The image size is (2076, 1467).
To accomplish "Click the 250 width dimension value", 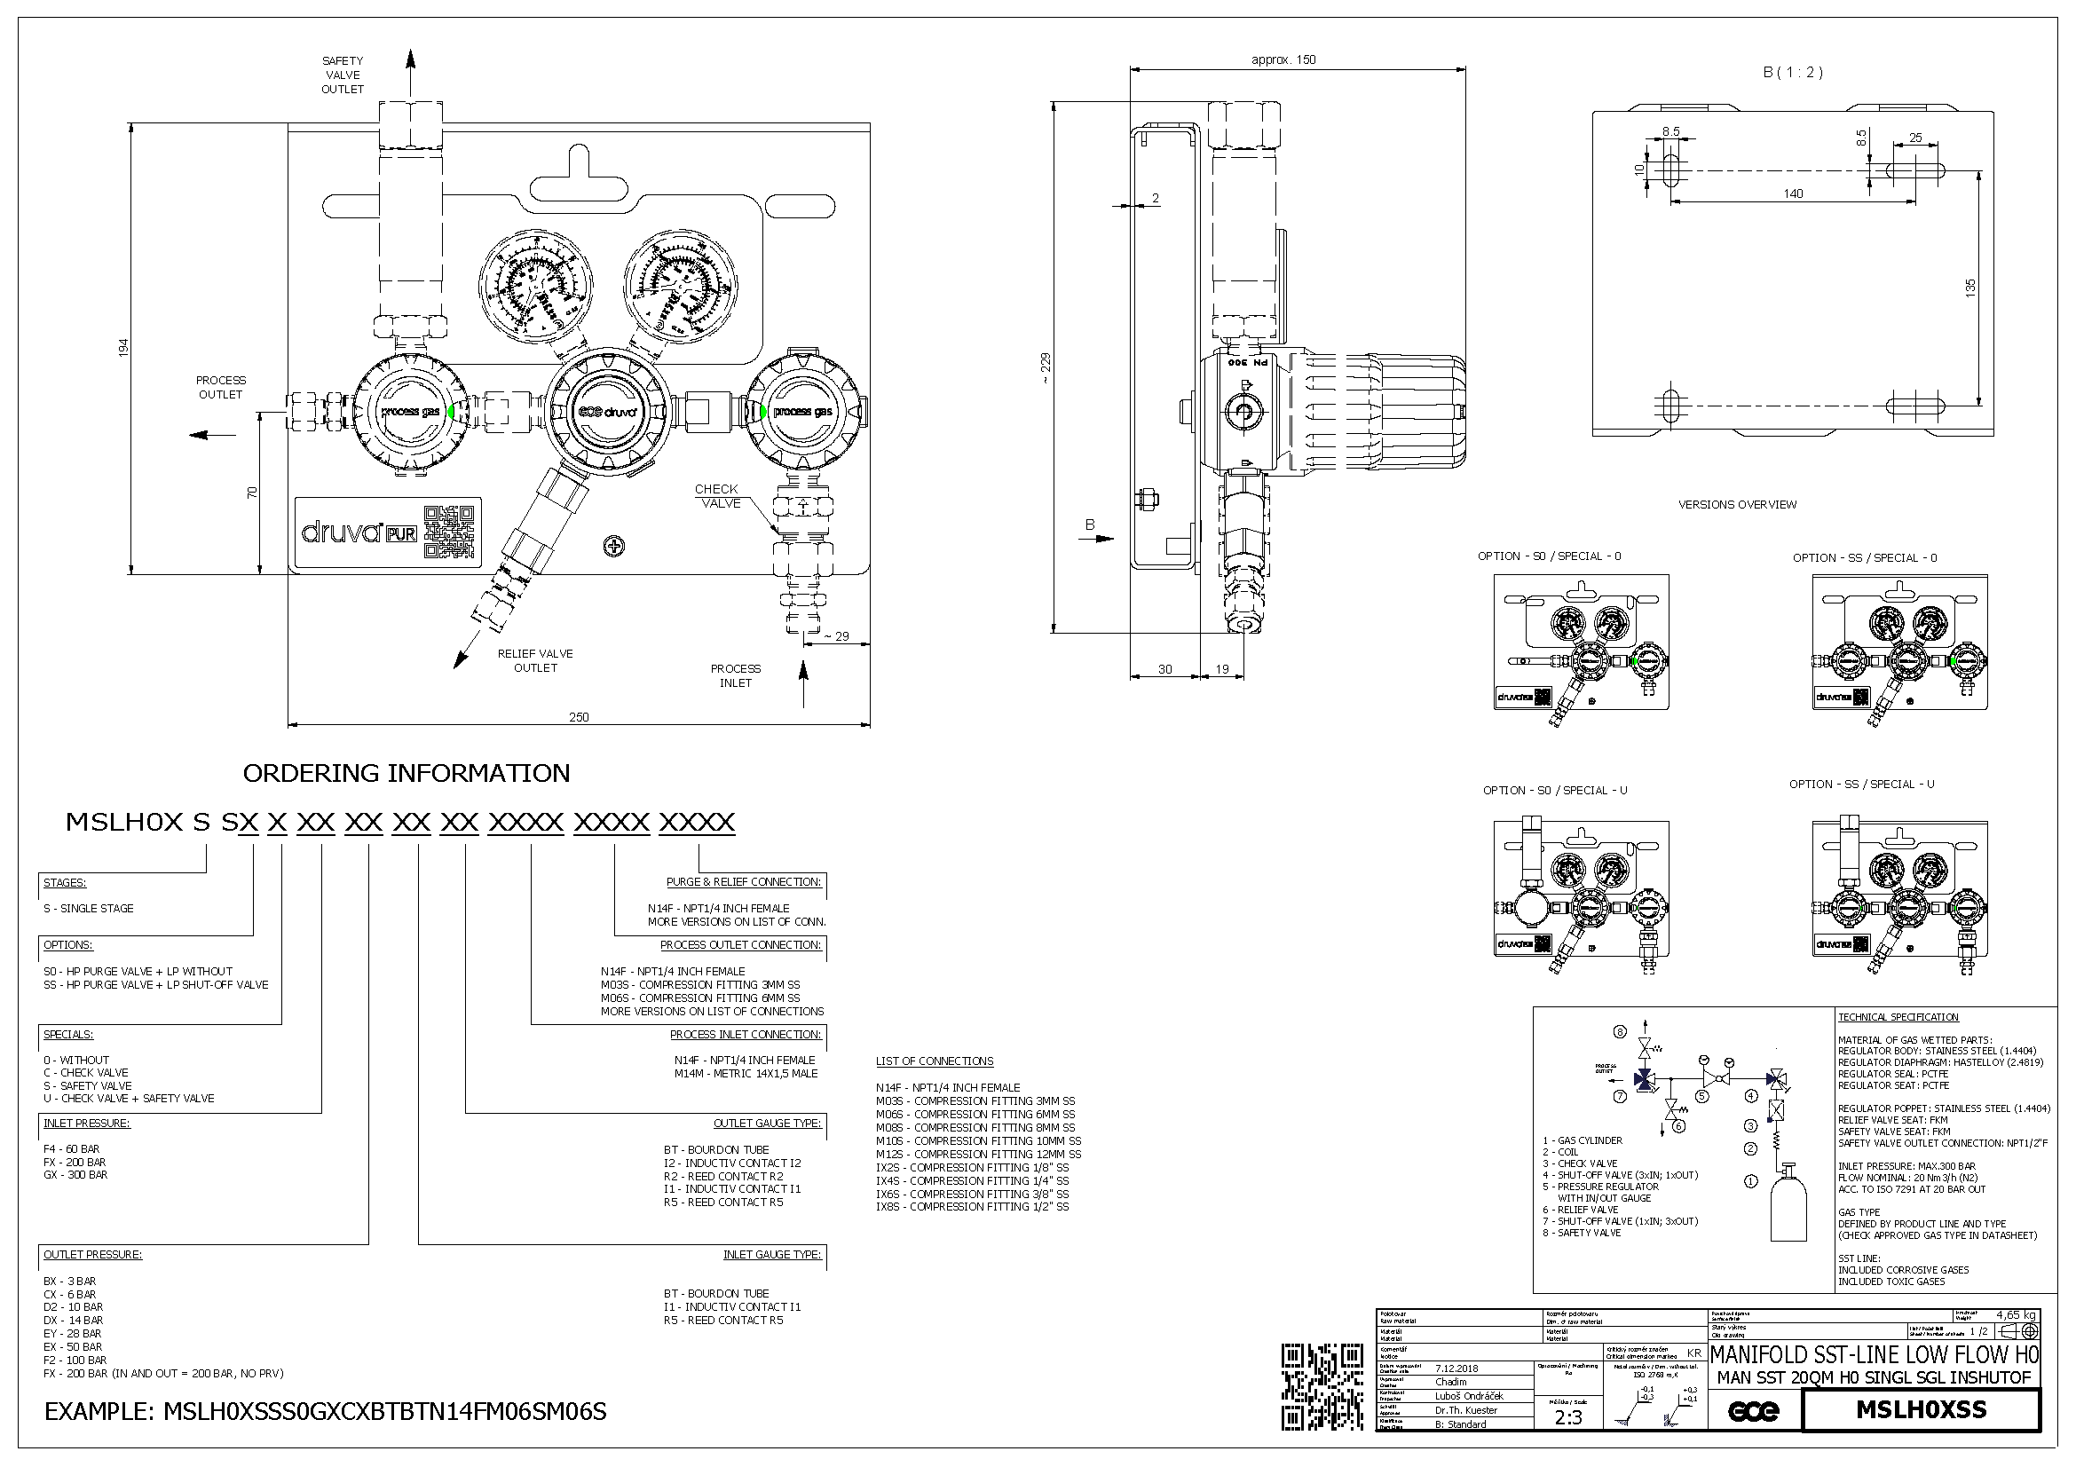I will point(579,717).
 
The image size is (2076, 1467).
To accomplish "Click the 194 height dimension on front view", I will point(124,347).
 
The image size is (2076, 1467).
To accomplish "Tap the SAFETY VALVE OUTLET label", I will point(343,75).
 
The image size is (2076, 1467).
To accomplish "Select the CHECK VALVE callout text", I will point(718,496).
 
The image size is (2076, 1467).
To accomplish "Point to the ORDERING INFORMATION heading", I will point(406,773).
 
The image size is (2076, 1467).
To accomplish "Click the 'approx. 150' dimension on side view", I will point(1283,59).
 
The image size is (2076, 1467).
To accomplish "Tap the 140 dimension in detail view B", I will point(1793,193).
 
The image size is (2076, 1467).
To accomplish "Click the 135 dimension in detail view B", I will point(1970,288).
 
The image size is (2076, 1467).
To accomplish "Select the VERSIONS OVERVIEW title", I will point(1737,504).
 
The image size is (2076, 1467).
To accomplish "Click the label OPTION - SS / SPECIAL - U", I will point(1862,784).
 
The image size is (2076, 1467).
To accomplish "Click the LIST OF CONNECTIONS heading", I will point(934,1061).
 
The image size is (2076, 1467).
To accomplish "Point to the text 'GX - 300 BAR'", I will point(75,1175).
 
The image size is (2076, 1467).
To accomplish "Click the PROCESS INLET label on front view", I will point(735,675).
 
